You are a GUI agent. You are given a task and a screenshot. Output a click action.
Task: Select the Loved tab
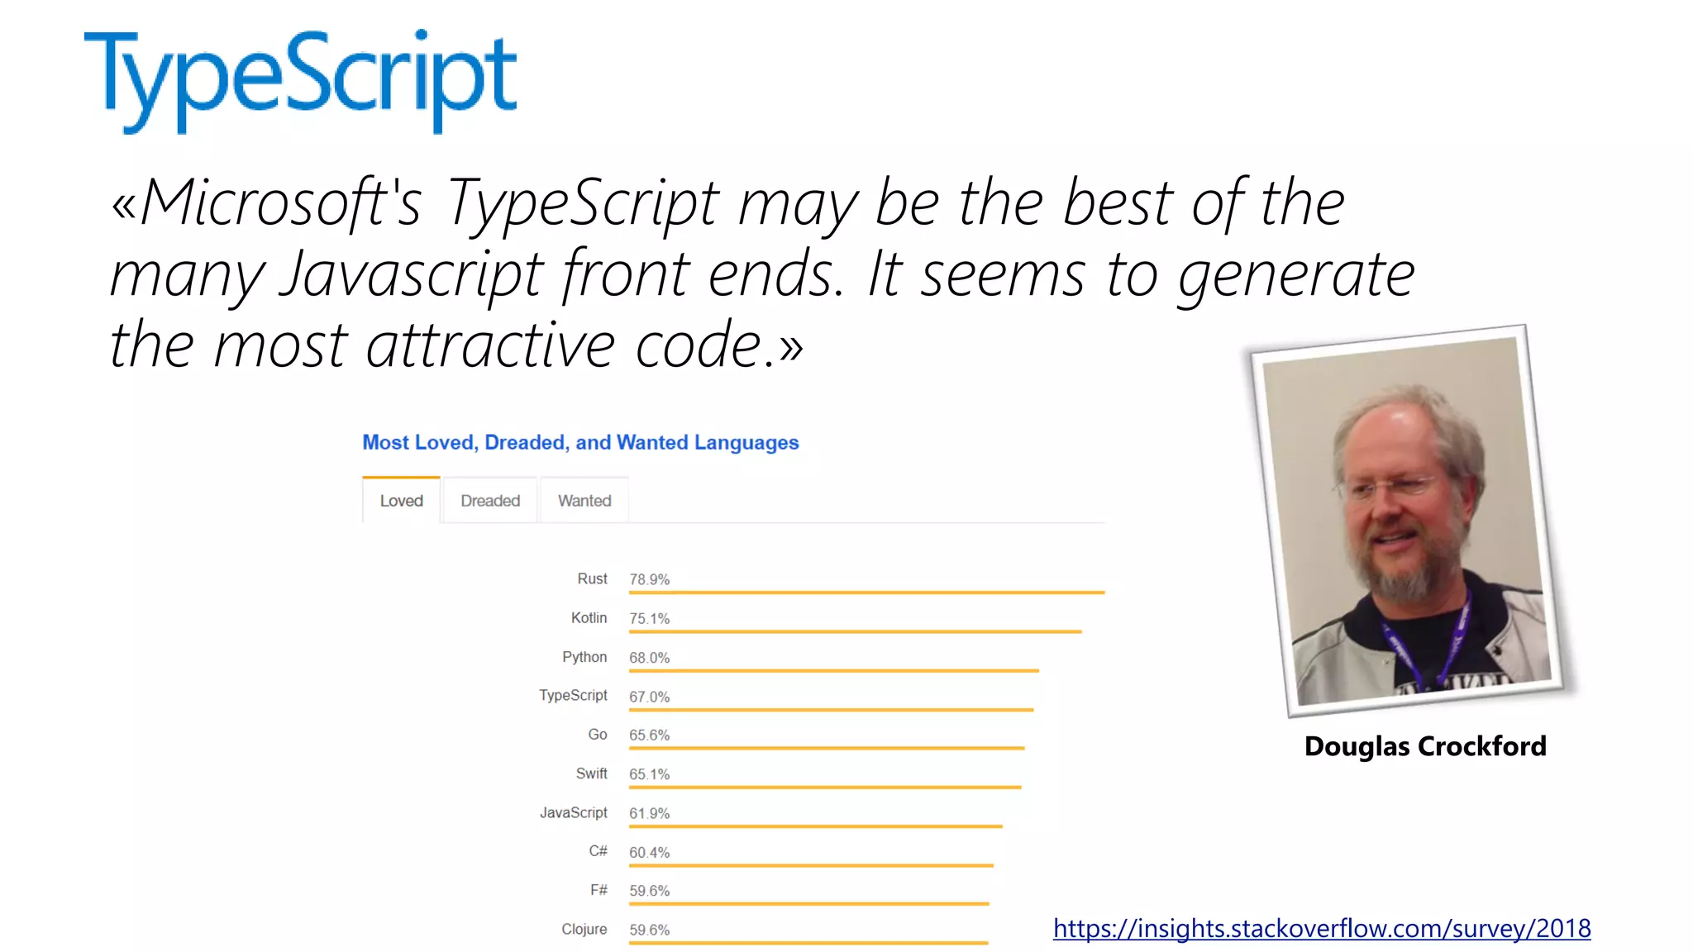point(401,501)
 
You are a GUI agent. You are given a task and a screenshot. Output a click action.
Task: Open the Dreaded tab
point(490,501)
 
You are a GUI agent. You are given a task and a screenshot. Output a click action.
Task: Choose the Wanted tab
point(584,501)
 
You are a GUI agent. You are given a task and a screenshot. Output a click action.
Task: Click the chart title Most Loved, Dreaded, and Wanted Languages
point(580,443)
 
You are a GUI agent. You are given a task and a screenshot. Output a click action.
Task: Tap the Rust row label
point(592,578)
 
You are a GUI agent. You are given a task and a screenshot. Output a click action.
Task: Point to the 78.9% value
point(649,579)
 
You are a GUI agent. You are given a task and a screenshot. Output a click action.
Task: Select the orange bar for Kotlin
point(855,631)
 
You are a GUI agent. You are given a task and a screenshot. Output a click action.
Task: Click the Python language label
point(584,657)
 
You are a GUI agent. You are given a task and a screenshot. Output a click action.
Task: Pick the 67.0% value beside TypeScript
point(649,697)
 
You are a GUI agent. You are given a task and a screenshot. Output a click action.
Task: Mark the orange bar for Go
point(827,748)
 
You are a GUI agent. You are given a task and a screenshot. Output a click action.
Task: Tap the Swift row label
point(591,773)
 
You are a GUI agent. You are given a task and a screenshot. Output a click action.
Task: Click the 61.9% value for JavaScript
point(649,813)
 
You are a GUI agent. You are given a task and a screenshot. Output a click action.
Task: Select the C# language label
point(598,851)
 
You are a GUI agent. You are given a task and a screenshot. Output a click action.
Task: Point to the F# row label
point(599,890)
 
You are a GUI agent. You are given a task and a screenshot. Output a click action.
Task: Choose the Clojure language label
point(584,929)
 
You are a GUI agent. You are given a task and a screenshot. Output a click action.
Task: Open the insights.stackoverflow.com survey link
point(1322,929)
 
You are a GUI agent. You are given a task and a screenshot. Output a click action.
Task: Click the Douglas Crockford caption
point(1425,746)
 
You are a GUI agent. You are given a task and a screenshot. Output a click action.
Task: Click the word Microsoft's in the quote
point(281,203)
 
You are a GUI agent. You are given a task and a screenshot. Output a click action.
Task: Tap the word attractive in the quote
point(490,345)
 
